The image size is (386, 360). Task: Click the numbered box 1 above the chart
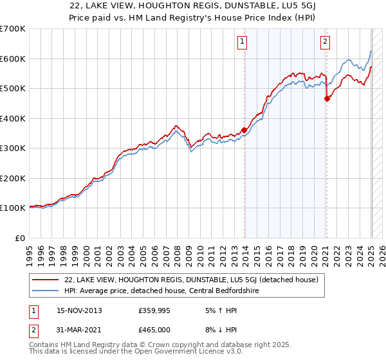pyautogui.click(x=243, y=42)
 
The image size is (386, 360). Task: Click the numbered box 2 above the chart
pyautogui.click(x=325, y=42)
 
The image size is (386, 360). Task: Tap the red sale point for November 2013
pyautogui.click(x=244, y=130)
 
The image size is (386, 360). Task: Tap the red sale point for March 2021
pyautogui.click(x=327, y=98)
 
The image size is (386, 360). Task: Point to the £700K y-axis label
pyautogui.click(x=13, y=29)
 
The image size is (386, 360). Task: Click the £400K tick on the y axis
pyautogui.click(x=13, y=118)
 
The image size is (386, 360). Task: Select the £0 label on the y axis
pyautogui.click(x=20, y=238)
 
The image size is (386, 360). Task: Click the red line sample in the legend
pyautogui.click(x=46, y=280)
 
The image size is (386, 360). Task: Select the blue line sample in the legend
pyautogui.click(x=46, y=291)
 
